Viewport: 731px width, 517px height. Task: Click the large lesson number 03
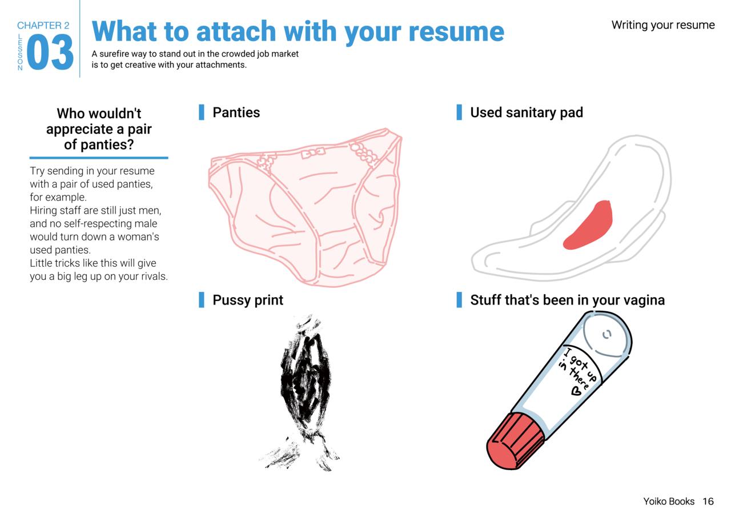click(x=50, y=52)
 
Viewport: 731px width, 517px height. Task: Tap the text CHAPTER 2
click(x=43, y=26)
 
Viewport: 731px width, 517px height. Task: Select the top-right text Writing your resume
click(x=663, y=25)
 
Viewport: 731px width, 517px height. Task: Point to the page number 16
click(x=708, y=501)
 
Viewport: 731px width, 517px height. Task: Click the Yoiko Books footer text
click(x=669, y=501)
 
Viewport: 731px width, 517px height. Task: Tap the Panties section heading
click(x=236, y=113)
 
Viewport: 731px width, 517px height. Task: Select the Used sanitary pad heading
click(x=527, y=113)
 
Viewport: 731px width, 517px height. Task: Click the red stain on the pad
click(x=588, y=226)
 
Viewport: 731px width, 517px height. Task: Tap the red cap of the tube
click(x=516, y=441)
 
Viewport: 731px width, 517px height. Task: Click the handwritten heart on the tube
click(x=576, y=390)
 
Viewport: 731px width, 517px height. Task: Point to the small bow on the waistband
click(x=313, y=153)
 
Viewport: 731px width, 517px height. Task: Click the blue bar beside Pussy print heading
click(x=202, y=299)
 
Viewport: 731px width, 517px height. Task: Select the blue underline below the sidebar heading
click(x=99, y=158)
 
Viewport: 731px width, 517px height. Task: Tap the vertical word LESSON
click(x=20, y=52)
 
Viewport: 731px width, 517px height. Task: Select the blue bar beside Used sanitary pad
click(x=459, y=113)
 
